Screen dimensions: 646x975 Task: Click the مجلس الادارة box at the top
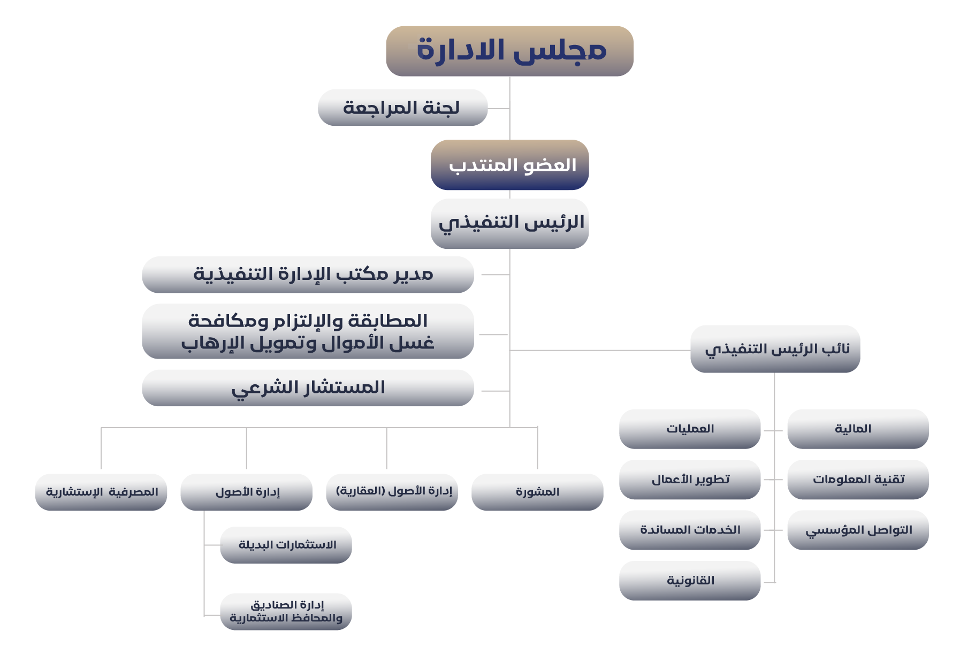tap(509, 51)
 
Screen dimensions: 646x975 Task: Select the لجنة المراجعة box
tap(402, 108)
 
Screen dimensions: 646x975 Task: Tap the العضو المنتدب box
tap(509, 165)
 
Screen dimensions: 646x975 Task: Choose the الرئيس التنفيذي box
tap(509, 224)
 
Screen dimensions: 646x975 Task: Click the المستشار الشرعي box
tap(308, 388)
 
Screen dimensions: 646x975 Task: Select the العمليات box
tap(690, 429)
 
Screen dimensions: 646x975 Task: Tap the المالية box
tap(858, 429)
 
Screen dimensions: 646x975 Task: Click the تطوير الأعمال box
tap(690, 480)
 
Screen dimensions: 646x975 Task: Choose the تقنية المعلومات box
tap(858, 480)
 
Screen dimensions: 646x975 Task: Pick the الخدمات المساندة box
tap(690, 530)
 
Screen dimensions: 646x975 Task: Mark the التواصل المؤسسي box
tap(858, 530)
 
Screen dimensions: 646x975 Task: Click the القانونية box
tap(690, 581)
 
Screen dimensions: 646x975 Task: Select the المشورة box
tap(537, 492)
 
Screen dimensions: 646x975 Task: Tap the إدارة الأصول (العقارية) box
tap(392, 492)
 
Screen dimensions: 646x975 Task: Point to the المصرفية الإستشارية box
tap(101, 492)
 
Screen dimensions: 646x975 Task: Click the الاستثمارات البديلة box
tap(286, 545)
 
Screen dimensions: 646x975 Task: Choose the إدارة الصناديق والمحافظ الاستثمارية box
tap(286, 611)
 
